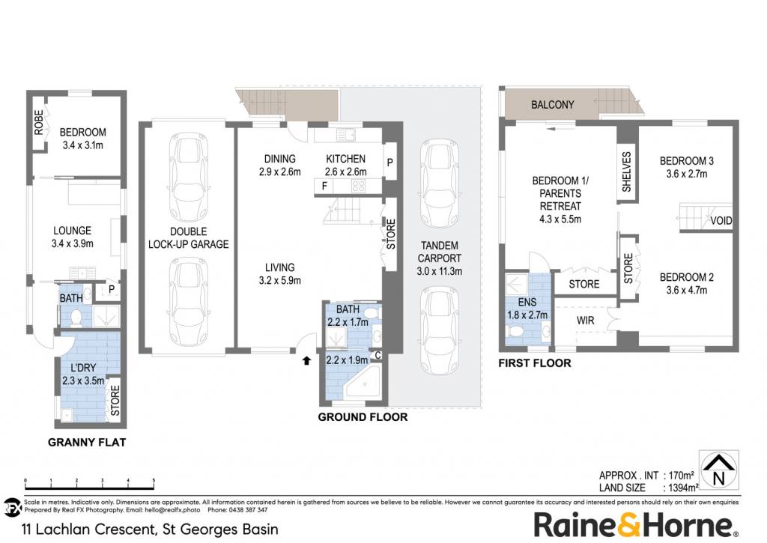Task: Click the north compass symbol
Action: click(x=718, y=470)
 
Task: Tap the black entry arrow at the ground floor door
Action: click(x=306, y=360)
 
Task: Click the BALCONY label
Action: click(x=552, y=105)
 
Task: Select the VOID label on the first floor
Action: click(x=721, y=221)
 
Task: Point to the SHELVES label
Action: click(x=627, y=172)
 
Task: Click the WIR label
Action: click(x=585, y=321)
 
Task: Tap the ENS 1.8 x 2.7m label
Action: click(x=527, y=309)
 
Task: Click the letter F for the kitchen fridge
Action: click(x=324, y=186)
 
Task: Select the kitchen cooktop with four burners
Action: click(x=359, y=186)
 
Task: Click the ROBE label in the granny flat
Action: click(x=39, y=122)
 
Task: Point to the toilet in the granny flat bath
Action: click(x=76, y=318)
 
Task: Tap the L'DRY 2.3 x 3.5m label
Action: click(x=83, y=374)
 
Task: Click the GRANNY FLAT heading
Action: click(x=87, y=442)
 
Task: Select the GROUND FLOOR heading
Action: click(x=363, y=416)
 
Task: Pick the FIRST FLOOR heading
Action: click(x=535, y=363)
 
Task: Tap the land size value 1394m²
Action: click(x=681, y=488)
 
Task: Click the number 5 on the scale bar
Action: click(x=154, y=480)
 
